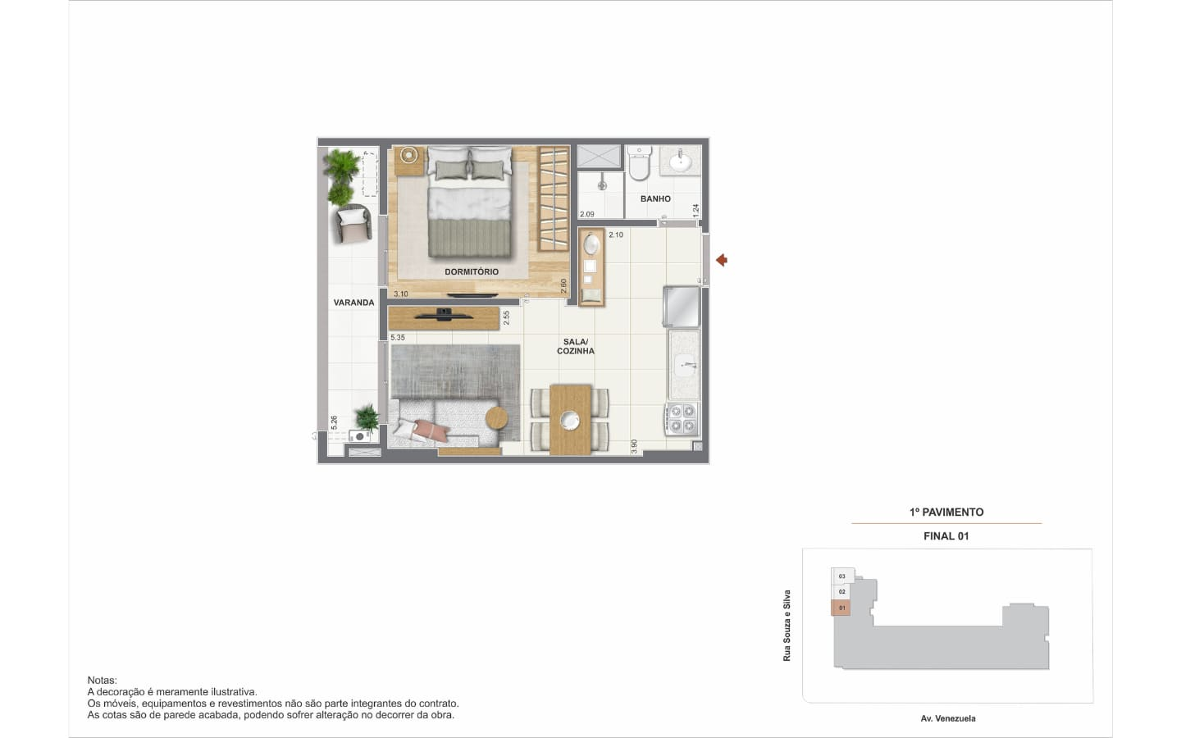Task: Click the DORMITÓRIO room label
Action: click(x=472, y=272)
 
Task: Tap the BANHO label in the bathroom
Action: click(x=655, y=198)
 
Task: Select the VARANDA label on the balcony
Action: click(x=353, y=303)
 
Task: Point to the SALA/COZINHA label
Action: click(x=576, y=346)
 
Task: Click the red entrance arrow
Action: click(x=722, y=260)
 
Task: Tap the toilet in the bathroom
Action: click(x=640, y=163)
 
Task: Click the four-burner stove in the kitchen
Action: click(x=682, y=419)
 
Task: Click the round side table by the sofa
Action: click(x=497, y=418)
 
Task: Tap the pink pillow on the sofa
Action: click(x=431, y=430)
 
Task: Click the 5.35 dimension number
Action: click(x=398, y=337)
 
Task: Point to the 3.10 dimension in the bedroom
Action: click(x=401, y=294)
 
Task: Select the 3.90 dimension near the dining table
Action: click(x=634, y=446)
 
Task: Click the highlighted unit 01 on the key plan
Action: click(x=841, y=608)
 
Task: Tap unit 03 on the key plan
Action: click(x=842, y=576)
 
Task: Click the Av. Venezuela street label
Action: click(x=948, y=718)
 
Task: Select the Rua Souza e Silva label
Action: click(x=787, y=626)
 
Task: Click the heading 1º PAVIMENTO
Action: click(x=946, y=512)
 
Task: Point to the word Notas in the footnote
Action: click(x=103, y=681)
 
